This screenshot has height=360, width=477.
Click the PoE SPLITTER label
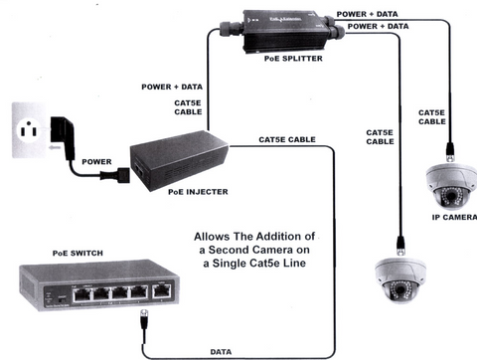(293, 59)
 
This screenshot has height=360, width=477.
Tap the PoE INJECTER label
(198, 192)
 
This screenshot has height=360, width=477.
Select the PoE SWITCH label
(78, 254)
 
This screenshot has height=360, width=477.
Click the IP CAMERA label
(454, 218)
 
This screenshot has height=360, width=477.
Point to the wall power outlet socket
(29, 130)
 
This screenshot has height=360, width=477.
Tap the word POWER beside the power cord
(96, 162)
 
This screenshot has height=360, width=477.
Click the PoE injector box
(179, 160)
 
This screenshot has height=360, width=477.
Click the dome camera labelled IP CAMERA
(451, 186)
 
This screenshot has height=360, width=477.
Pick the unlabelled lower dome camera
(400, 280)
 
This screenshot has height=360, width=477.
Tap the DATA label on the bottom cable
(221, 352)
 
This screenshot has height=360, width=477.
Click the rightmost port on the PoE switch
(161, 291)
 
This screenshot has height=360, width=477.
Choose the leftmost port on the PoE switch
(81, 294)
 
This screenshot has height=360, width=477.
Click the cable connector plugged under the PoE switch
(144, 319)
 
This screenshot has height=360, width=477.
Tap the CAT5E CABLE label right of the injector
(287, 139)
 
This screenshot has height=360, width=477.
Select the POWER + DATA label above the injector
(172, 87)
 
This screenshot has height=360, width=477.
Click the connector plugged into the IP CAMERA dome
(450, 152)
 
